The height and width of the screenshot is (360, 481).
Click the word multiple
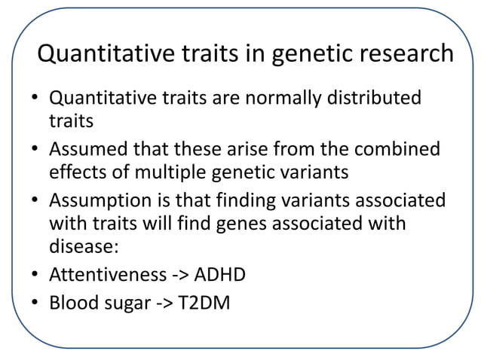[168, 172]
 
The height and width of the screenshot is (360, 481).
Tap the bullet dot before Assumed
[35, 149]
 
